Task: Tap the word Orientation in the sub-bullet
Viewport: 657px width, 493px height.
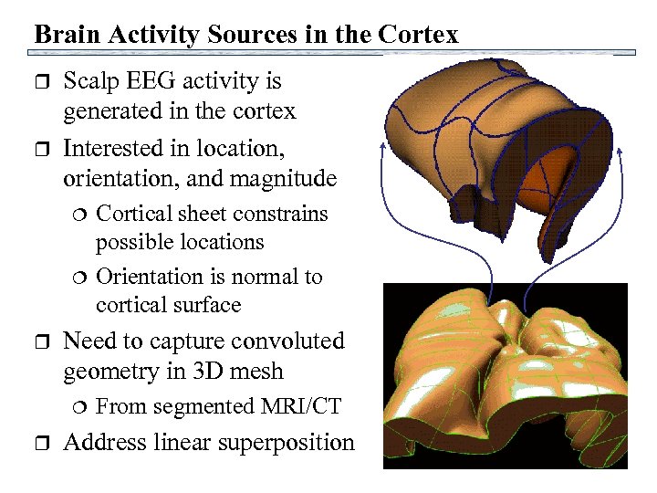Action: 151,277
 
